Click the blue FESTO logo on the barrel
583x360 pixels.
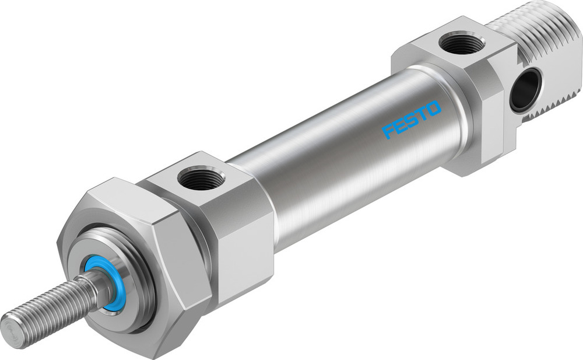point(412,120)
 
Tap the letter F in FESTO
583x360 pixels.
point(389,131)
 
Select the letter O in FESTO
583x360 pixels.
point(434,108)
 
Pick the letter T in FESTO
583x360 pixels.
point(422,114)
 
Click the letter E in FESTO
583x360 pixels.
point(400,125)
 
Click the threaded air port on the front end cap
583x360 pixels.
point(201,178)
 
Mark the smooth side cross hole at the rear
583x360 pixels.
point(526,89)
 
